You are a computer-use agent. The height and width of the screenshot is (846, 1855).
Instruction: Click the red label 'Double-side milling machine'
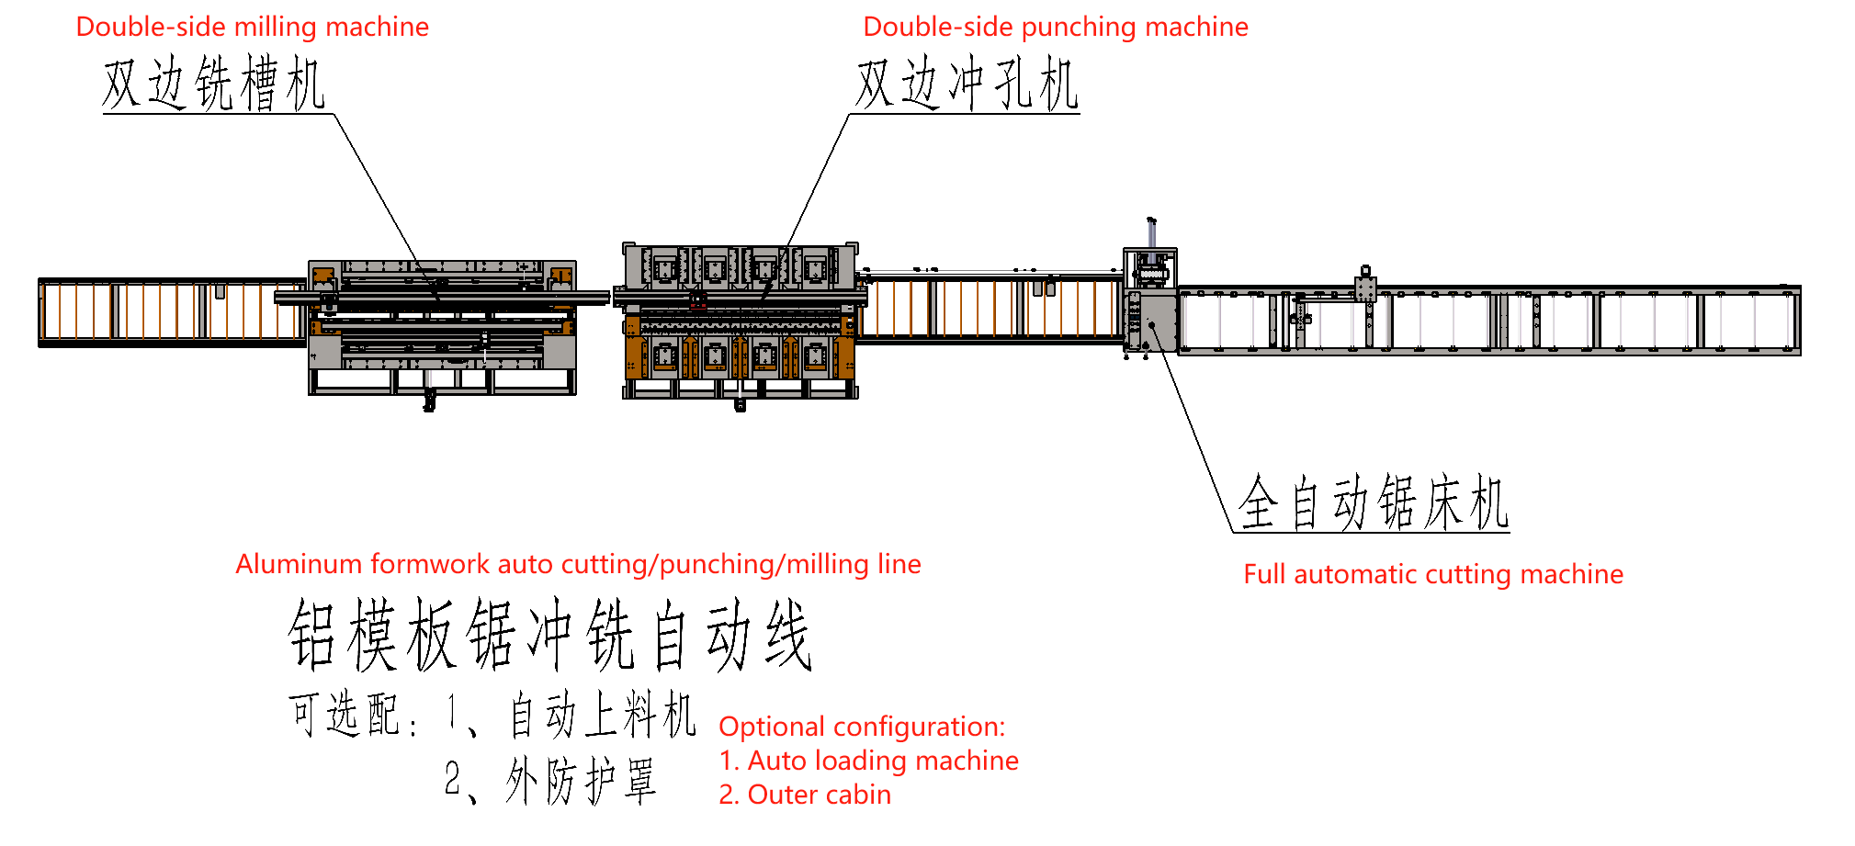[x=252, y=27]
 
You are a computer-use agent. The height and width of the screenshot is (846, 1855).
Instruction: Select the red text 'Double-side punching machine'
[x=1055, y=27]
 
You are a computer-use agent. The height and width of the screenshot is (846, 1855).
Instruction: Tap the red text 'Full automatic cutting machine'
[x=1432, y=574]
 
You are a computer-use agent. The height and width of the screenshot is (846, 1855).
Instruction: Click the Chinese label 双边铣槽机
[x=213, y=84]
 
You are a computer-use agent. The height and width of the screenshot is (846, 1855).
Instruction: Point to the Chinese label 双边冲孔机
[x=967, y=84]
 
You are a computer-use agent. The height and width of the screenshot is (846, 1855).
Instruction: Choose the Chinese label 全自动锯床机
[x=1373, y=503]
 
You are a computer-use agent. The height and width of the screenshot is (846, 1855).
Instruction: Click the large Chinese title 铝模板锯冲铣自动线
[x=549, y=636]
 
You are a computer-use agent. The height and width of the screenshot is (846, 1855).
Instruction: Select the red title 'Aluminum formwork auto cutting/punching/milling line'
[x=578, y=564]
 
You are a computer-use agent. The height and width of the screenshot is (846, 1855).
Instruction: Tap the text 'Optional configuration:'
[x=862, y=727]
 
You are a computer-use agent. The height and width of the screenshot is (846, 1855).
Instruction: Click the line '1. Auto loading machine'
[x=868, y=761]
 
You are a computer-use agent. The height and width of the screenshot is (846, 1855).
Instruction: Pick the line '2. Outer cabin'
[x=805, y=795]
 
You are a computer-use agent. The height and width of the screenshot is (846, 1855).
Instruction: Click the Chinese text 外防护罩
[x=581, y=782]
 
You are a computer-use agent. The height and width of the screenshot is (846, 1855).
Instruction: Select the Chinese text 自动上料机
[x=602, y=715]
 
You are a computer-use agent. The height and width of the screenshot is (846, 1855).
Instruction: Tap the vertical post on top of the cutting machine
[x=1151, y=233]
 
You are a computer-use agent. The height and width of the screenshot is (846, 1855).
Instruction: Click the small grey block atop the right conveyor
[x=1365, y=288]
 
